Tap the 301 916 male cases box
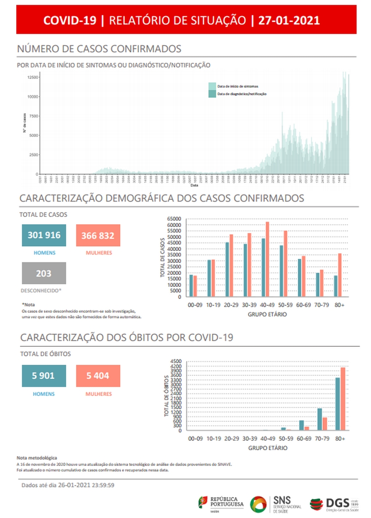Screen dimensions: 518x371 click(x=44, y=235)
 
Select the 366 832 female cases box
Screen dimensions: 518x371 click(x=98, y=235)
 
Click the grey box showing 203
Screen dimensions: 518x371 click(x=44, y=273)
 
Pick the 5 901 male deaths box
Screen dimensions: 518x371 click(x=44, y=376)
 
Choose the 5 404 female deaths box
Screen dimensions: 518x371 click(x=98, y=376)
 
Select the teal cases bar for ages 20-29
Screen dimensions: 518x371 click(x=227, y=269)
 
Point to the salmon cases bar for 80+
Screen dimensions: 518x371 click(x=339, y=275)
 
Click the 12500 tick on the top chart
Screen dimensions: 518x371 click(x=32, y=77)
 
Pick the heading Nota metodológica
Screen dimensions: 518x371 click(x=37, y=458)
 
